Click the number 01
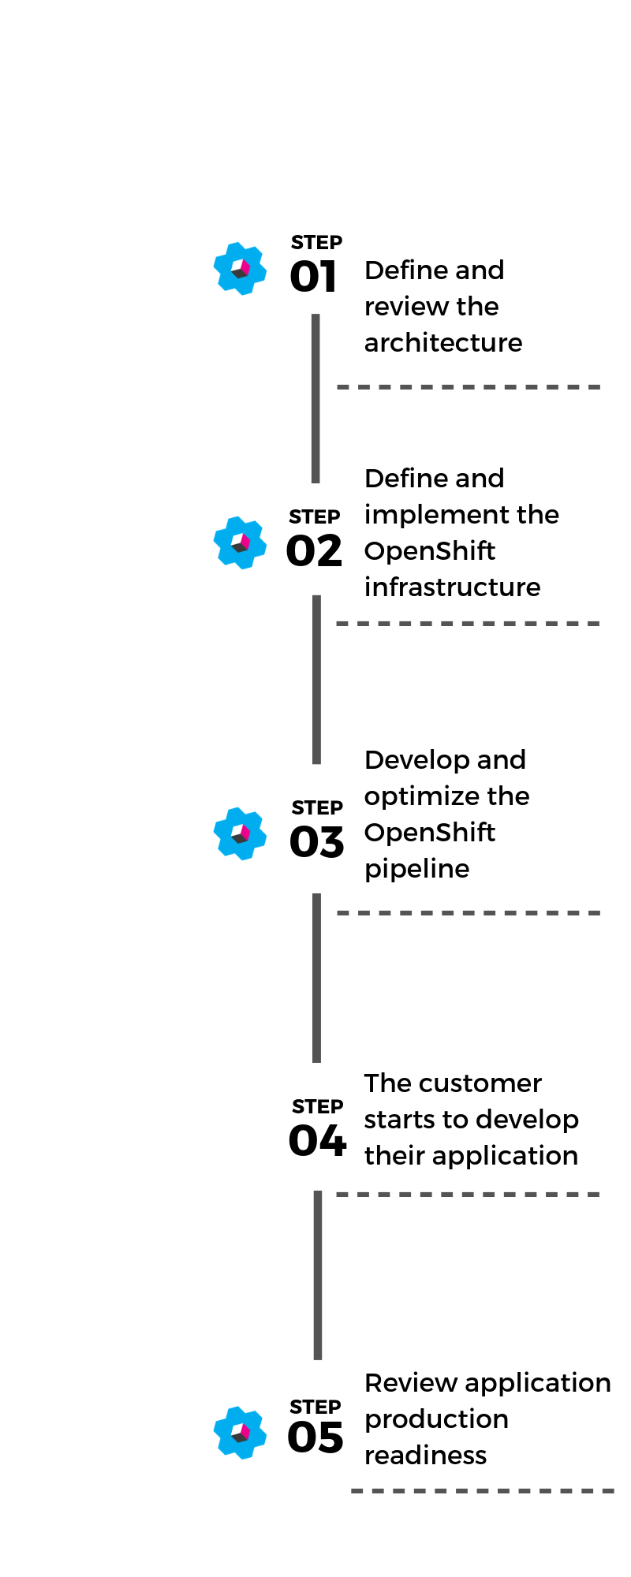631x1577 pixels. click(x=314, y=277)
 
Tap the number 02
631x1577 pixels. click(x=314, y=550)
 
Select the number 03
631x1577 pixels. click(x=317, y=842)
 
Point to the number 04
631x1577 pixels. click(x=318, y=1140)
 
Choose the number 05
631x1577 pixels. click(x=315, y=1437)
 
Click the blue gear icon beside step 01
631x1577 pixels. click(x=240, y=269)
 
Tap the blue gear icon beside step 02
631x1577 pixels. click(x=240, y=542)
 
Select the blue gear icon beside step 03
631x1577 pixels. click(x=240, y=833)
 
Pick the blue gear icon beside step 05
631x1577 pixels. click(x=240, y=1433)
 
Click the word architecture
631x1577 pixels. click(x=443, y=343)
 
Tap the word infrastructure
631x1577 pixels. click(x=453, y=587)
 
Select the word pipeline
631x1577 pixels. click(x=417, y=870)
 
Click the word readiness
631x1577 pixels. click(x=426, y=1456)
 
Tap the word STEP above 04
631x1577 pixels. click(x=318, y=1107)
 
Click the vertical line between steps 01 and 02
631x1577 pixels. click(x=315, y=398)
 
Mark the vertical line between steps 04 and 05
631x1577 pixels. click(x=318, y=1275)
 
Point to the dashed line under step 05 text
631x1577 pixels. click(x=483, y=1491)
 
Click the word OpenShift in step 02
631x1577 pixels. click(x=430, y=551)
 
